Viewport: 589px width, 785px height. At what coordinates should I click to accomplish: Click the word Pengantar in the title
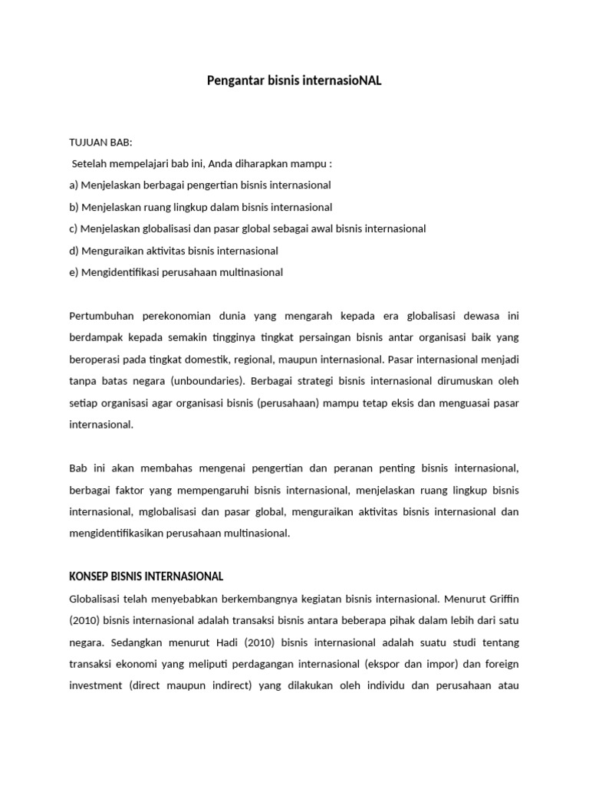click(233, 80)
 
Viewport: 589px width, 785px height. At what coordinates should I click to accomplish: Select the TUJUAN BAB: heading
click(100, 142)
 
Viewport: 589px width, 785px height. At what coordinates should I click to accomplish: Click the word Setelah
click(90, 163)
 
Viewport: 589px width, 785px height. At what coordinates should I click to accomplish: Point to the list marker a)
click(74, 185)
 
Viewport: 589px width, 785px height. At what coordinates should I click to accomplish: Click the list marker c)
click(74, 228)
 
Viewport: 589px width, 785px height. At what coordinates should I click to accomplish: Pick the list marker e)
click(74, 272)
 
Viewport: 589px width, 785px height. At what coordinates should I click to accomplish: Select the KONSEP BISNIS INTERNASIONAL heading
click(146, 576)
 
